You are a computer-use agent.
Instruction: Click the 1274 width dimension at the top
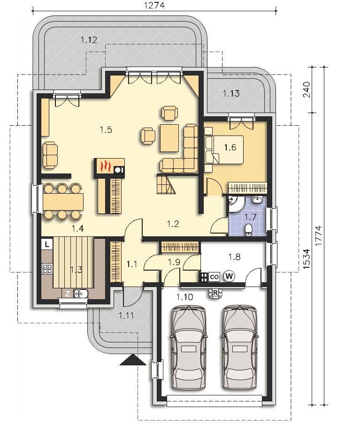154,5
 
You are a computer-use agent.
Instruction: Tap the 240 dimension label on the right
306,89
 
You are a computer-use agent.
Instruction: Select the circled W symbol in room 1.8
229,276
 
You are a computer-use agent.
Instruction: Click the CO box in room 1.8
214,277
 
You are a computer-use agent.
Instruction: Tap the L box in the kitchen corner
47,244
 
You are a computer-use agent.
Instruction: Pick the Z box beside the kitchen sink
68,294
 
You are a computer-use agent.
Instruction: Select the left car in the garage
189,348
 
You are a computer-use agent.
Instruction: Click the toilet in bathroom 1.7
248,230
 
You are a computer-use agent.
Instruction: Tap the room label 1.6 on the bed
230,148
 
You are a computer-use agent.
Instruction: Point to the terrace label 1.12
89,40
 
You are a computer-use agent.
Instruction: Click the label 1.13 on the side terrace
231,93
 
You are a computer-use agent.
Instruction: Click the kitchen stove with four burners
47,269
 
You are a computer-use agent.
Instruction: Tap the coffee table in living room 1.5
170,138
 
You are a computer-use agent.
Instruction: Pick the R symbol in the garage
215,293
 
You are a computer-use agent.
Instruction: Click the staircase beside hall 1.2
166,184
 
